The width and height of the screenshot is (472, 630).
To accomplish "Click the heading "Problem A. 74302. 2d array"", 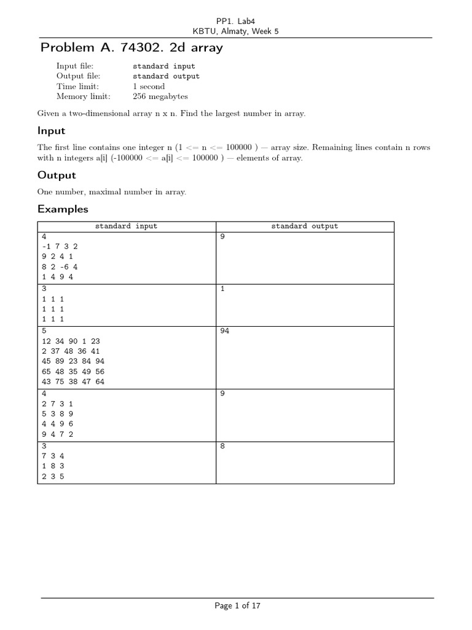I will coord(132,47).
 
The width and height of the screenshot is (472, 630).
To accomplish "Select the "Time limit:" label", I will coord(77,86).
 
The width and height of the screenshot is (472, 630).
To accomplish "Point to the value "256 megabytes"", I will coord(160,97).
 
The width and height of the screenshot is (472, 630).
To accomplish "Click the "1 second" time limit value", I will coord(149,86).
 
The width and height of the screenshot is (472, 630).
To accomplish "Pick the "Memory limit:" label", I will coord(83,97).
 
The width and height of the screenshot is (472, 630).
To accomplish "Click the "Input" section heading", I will coord(51,131).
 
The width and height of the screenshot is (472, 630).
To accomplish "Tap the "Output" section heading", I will coord(57,175).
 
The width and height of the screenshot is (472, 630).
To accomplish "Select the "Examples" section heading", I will coord(63,209).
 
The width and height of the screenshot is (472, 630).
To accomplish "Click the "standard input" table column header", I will coord(126,226).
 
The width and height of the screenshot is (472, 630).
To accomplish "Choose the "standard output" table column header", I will coord(305,226).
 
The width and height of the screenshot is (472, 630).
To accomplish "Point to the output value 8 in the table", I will coord(222,446).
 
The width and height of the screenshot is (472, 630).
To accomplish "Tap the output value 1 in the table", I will coord(222,289).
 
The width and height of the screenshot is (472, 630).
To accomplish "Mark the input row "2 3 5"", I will coord(53,476).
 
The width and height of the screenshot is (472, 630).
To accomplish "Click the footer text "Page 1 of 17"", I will coord(237,606).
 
